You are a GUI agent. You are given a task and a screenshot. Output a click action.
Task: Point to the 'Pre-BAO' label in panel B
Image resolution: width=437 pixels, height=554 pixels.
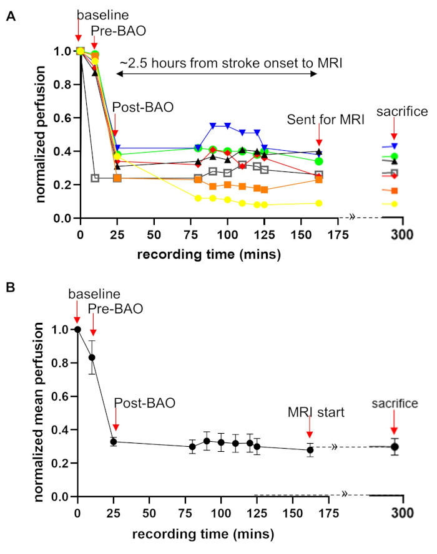pos(115,309)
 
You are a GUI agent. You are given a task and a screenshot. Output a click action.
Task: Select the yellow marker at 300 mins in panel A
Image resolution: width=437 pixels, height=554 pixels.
pos(394,204)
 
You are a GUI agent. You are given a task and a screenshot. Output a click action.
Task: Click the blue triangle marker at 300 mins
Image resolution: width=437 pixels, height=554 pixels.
pos(394,146)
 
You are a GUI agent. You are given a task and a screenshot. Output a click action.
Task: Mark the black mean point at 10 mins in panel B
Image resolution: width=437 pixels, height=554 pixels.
pos(92,357)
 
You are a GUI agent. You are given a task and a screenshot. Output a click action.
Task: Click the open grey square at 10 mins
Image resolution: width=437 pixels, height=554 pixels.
pos(95,178)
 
